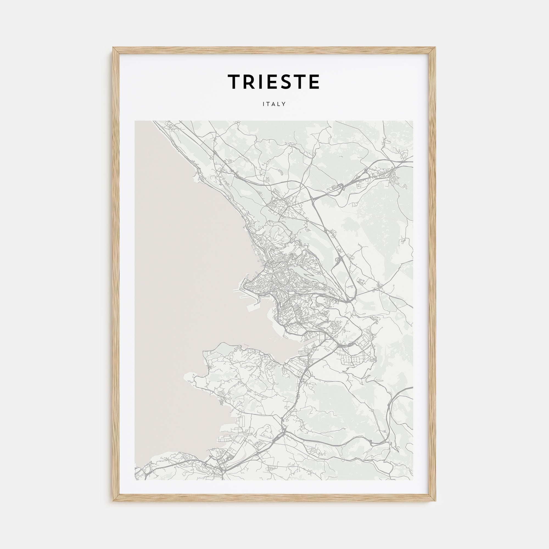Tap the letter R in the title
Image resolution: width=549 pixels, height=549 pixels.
pyautogui.click(x=250, y=82)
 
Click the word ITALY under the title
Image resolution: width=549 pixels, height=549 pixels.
pyautogui.click(x=274, y=104)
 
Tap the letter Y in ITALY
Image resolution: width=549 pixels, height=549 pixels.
pyautogui.click(x=284, y=104)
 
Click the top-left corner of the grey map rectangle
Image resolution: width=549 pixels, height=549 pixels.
pyautogui.click(x=135, y=121)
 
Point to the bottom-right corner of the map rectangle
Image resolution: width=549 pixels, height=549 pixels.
pyautogui.click(x=413, y=480)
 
